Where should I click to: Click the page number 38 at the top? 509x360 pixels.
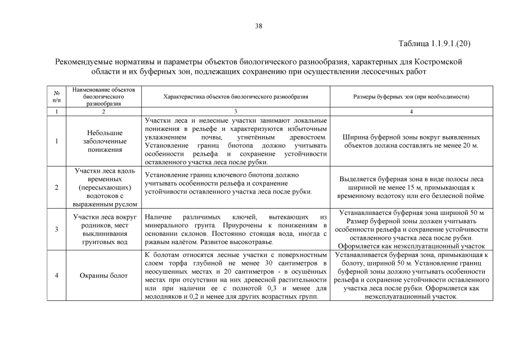[258, 26]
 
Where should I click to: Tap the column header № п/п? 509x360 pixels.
[57, 96]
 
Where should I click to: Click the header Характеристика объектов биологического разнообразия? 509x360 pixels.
[235, 97]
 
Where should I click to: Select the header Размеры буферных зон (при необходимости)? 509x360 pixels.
[411, 97]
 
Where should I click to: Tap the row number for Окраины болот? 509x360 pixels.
[57, 276]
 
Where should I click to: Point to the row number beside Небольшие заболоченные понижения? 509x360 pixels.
[57, 141]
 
